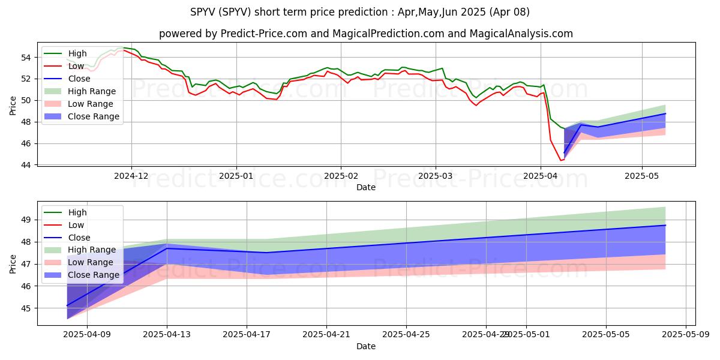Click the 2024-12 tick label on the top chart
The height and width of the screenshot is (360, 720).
coord(131,176)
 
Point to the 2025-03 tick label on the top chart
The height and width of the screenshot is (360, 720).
coord(435,176)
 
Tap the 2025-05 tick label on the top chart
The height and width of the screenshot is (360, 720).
coord(642,176)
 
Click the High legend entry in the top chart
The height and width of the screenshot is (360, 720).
coord(77,53)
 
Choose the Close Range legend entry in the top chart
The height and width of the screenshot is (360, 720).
coord(93,116)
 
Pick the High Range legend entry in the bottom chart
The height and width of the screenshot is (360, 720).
coord(92,250)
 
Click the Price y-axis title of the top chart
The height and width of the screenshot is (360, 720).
coord(13,104)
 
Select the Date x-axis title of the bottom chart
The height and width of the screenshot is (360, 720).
coord(366,347)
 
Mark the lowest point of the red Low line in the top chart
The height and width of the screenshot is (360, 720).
coord(561,160)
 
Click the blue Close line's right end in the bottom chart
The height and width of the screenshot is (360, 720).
coord(665,225)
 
